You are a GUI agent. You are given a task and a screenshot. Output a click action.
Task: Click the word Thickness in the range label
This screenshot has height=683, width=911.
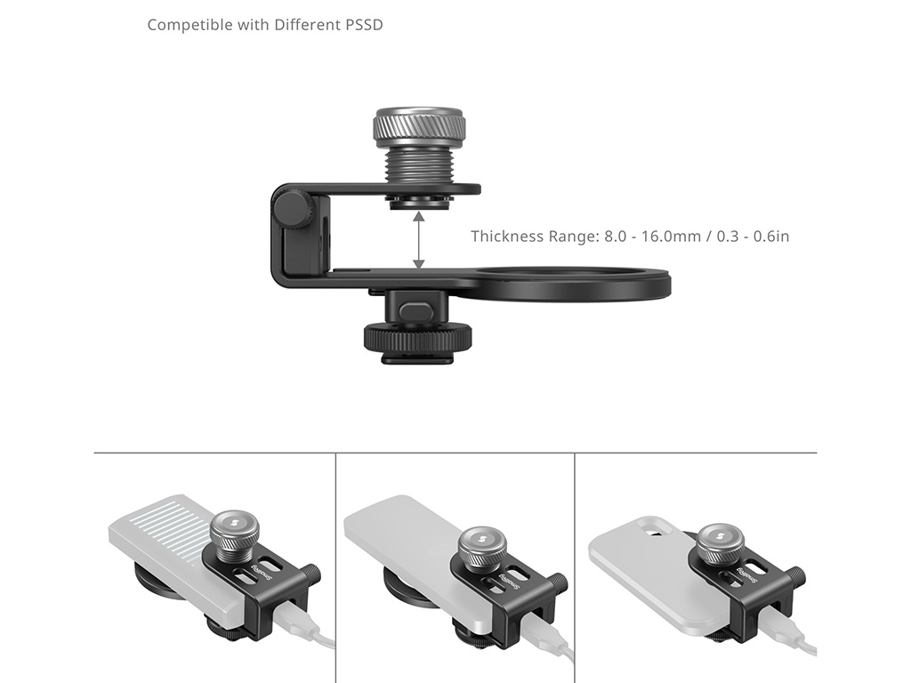tap(504, 236)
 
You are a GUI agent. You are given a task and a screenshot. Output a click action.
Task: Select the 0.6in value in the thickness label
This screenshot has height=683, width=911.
tap(771, 236)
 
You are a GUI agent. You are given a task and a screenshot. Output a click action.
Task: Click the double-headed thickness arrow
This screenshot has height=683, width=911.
tap(418, 240)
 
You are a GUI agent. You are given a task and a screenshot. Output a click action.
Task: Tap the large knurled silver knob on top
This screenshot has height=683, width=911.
tap(419, 127)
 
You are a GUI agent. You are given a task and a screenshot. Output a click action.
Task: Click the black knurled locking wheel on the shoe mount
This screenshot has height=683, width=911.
tap(417, 338)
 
